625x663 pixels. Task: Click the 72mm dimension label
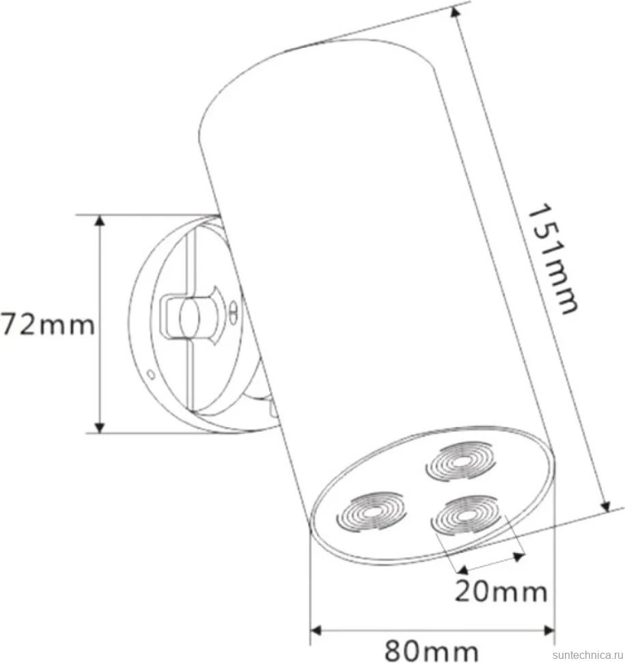pos(47,325)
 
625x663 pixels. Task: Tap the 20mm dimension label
pos(501,591)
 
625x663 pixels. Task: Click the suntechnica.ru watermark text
pos(588,655)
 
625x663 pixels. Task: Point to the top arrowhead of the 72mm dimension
pos(100,221)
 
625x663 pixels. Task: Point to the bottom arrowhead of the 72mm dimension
pos(100,427)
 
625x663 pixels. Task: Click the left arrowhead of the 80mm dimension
pos(316,631)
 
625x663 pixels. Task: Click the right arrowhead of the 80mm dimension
pos(548,631)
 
